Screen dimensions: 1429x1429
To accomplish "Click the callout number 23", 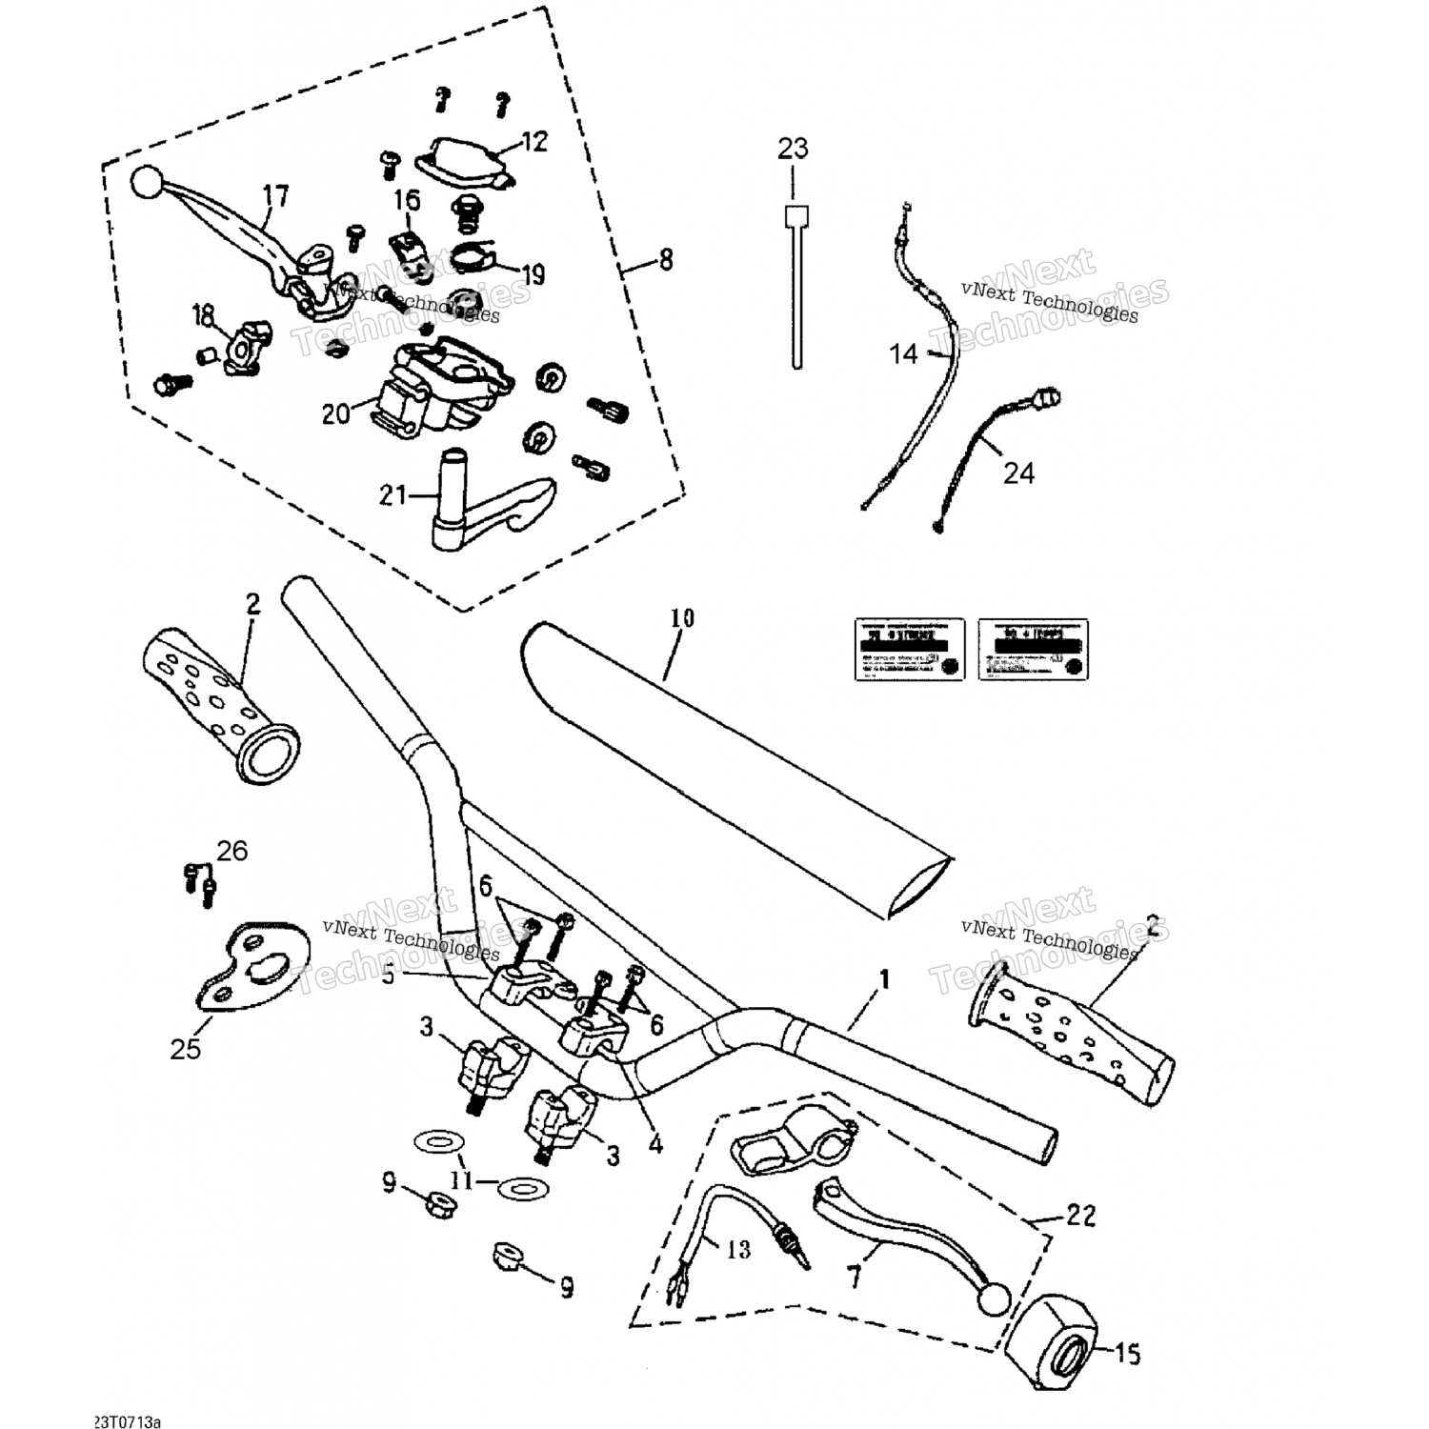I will (793, 149).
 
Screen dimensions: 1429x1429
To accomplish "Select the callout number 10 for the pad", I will (681, 618).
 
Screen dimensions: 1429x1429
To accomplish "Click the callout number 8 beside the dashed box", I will (665, 259).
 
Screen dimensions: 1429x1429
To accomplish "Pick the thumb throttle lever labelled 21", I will (476, 505).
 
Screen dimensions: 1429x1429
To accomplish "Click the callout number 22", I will (1080, 1216).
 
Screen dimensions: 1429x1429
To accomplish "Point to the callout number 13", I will (738, 1249).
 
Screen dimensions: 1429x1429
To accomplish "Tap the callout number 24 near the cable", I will (1018, 472).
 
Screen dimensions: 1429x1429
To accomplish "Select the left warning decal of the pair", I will (908, 649).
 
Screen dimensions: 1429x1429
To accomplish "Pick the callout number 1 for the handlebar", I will (884, 978).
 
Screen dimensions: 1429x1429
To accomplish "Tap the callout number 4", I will (655, 1145).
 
